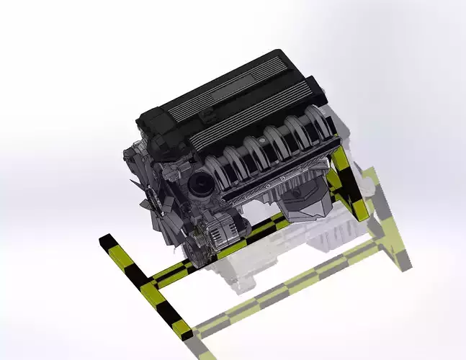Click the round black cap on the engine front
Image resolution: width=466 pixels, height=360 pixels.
(x=200, y=186)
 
